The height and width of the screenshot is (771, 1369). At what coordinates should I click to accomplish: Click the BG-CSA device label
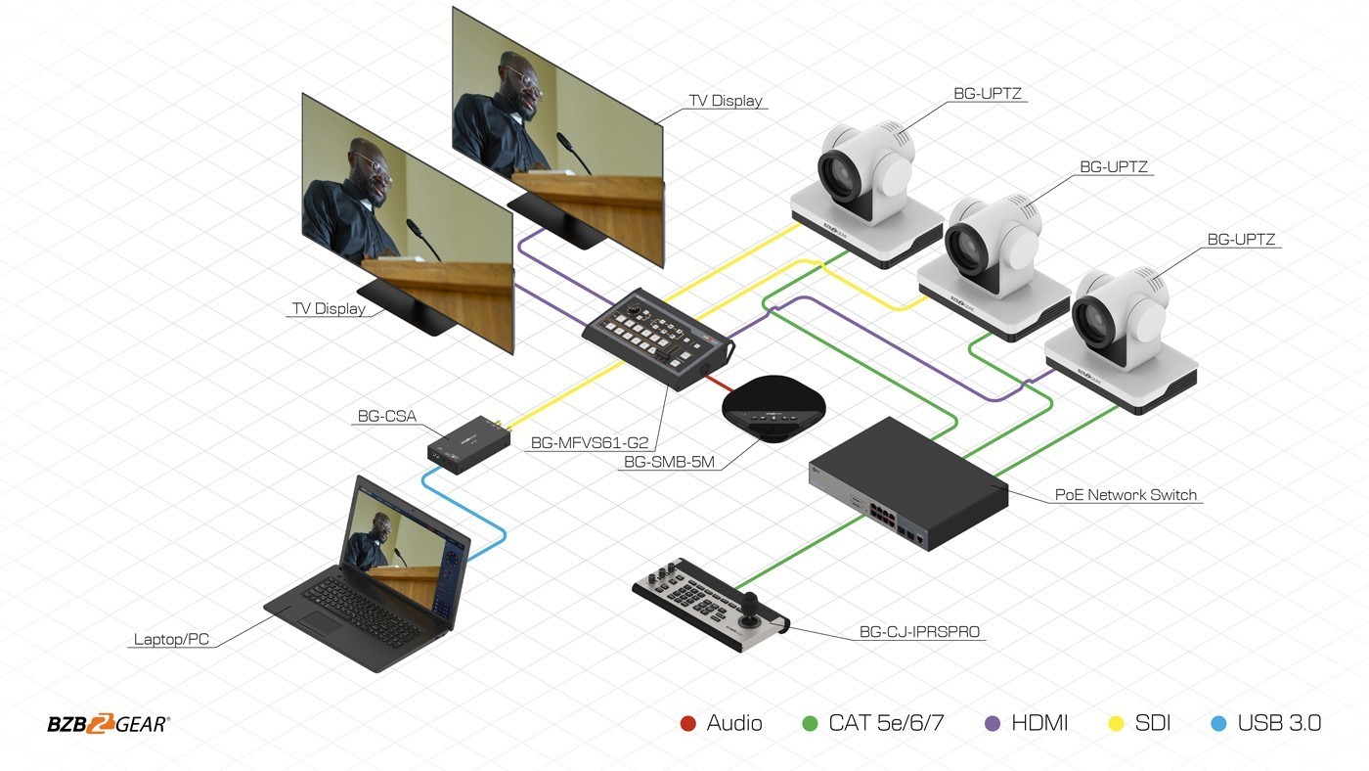pyautogui.click(x=387, y=417)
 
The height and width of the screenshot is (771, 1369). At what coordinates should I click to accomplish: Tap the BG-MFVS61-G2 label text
pyautogui.click(x=589, y=442)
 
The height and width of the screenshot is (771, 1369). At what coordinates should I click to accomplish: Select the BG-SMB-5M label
pyautogui.click(x=669, y=462)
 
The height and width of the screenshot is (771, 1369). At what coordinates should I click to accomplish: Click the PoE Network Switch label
pyautogui.click(x=1126, y=495)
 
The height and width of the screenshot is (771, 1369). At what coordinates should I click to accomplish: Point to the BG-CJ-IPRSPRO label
pyautogui.click(x=919, y=632)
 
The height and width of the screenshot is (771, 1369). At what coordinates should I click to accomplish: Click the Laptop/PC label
pyautogui.click(x=171, y=640)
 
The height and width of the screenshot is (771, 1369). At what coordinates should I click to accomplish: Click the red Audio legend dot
pyautogui.click(x=688, y=724)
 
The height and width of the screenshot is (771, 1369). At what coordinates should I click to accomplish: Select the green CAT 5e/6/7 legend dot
pyautogui.click(x=810, y=724)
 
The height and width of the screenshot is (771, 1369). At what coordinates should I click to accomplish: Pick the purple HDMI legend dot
pyautogui.click(x=993, y=724)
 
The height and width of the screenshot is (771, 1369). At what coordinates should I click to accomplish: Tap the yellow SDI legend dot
pyautogui.click(x=1116, y=724)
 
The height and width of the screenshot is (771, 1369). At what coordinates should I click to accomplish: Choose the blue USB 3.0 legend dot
pyautogui.click(x=1218, y=724)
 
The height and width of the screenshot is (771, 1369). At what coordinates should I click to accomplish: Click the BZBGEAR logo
pyautogui.click(x=109, y=724)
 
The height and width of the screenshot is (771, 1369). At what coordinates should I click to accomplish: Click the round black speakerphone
pyautogui.click(x=773, y=408)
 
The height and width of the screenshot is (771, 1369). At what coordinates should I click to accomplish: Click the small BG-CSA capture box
pyautogui.click(x=468, y=444)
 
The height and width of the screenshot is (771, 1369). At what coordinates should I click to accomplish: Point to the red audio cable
pyautogui.click(x=719, y=384)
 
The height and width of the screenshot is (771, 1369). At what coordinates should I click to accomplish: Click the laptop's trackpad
pyautogui.click(x=320, y=623)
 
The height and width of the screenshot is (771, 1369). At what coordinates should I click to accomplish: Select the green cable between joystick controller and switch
pyautogui.click(x=801, y=552)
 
